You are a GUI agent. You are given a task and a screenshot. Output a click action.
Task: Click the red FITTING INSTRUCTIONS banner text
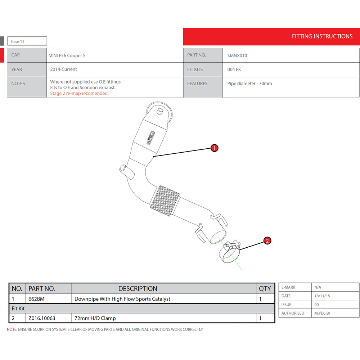(x=322, y=36)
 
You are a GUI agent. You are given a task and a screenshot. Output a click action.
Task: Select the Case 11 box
(x=27, y=41)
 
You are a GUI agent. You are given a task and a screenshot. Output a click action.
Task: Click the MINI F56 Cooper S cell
(x=67, y=56)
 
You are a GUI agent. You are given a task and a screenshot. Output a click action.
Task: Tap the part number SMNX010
(x=237, y=56)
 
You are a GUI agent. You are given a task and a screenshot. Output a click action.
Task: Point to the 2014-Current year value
(x=64, y=69)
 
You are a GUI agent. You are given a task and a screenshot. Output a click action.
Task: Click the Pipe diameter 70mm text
(x=249, y=84)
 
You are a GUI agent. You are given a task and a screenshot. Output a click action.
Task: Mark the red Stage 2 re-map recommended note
(x=79, y=94)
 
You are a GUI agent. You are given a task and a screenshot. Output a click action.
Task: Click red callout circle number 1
(x=215, y=148)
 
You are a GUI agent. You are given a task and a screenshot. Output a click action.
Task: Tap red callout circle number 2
(x=267, y=241)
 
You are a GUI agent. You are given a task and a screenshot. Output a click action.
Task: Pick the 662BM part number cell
(x=36, y=299)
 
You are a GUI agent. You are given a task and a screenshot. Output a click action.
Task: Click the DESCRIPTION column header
(x=138, y=289)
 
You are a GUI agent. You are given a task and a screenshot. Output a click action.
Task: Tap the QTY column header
(x=265, y=289)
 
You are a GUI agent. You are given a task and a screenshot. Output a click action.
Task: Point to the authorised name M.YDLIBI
(x=322, y=313)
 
